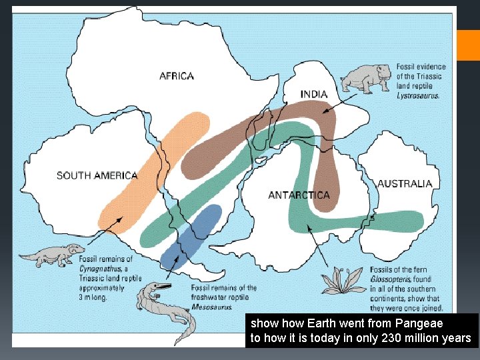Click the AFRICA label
[x=177, y=76]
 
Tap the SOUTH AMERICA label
[x=97, y=176]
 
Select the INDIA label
[x=314, y=94]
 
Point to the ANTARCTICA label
[x=299, y=195]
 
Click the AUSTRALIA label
[x=405, y=183]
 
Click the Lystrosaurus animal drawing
[x=366, y=79]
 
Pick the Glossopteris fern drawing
[x=344, y=280]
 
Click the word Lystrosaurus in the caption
[x=417, y=95]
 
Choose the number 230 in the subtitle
[x=391, y=338]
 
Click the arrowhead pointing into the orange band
[x=121, y=217]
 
